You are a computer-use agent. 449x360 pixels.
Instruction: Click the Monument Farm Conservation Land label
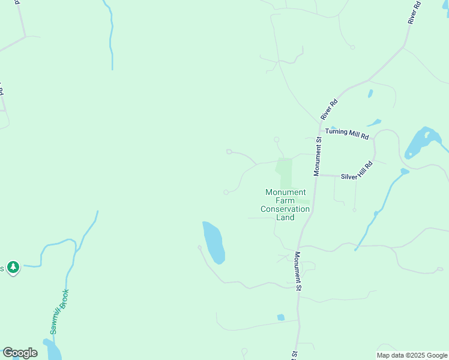tap(286, 205)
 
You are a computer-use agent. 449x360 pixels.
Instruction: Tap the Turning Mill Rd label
tap(347, 133)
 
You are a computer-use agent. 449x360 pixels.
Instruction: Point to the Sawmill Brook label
tap(59, 311)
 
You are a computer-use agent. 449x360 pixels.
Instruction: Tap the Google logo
tap(20, 353)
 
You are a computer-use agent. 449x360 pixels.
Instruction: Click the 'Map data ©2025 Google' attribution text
tap(412, 355)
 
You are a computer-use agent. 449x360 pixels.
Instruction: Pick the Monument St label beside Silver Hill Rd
tap(318, 156)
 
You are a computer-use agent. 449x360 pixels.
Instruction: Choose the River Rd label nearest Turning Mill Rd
tap(330, 109)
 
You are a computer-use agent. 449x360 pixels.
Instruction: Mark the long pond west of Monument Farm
tap(213, 242)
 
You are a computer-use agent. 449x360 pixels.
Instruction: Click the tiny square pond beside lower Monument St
tap(280, 317)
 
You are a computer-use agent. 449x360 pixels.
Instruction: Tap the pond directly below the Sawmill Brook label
tap(52, 350)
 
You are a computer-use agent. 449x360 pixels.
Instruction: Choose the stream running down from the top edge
tap(111, 36)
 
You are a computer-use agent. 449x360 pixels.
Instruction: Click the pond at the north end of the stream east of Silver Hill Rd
tap(405, 172)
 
